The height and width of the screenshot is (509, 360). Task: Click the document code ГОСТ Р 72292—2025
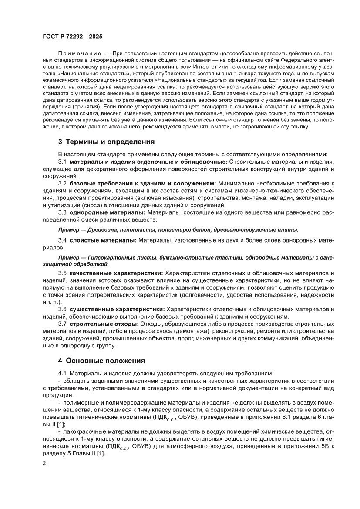pos(72,37)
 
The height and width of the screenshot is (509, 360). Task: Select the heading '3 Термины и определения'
pos(107,142)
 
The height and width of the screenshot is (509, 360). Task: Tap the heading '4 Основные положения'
pos(102,361)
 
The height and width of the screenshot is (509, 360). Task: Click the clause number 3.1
pos(62,162)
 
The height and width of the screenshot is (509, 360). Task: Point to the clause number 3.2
pos(62,184)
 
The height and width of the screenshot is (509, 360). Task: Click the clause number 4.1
pos(63,374)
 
